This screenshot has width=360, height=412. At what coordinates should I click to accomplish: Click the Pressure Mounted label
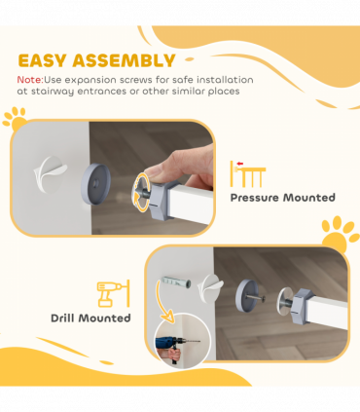coord(282,198)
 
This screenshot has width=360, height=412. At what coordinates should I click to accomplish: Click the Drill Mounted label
coord(90,318)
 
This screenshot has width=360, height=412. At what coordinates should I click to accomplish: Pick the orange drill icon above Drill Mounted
coord(110,293)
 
